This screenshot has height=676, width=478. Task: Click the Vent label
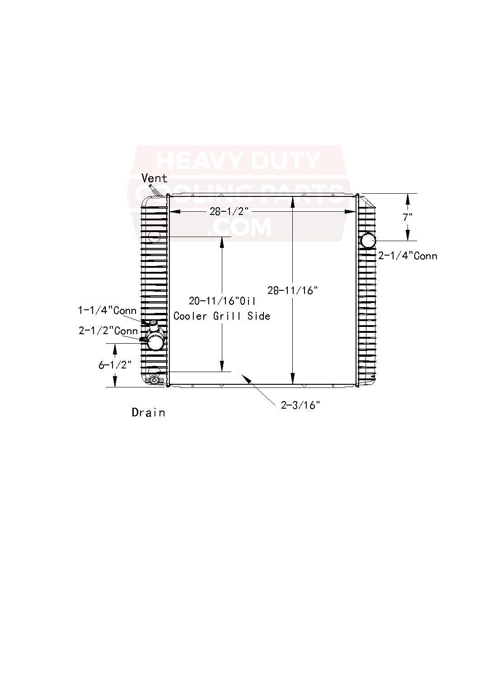click(x=155, y=178)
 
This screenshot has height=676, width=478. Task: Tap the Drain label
click(x=148, y=413)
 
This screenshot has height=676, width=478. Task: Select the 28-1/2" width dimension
click(x=229, y=211)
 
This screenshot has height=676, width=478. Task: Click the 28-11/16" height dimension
click(x=293, y=291)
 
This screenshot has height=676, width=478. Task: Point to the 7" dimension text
click(x=408, y=217)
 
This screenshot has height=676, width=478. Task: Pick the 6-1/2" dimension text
click(x=115, y=365)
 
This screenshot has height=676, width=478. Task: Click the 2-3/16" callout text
click(x=300, y=405)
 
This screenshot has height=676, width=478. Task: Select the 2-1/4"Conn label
click(x=408, y=256)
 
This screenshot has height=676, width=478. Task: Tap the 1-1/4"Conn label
click(x=107, y=310)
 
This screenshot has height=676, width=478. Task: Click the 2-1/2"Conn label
click(x=108, y=331)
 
